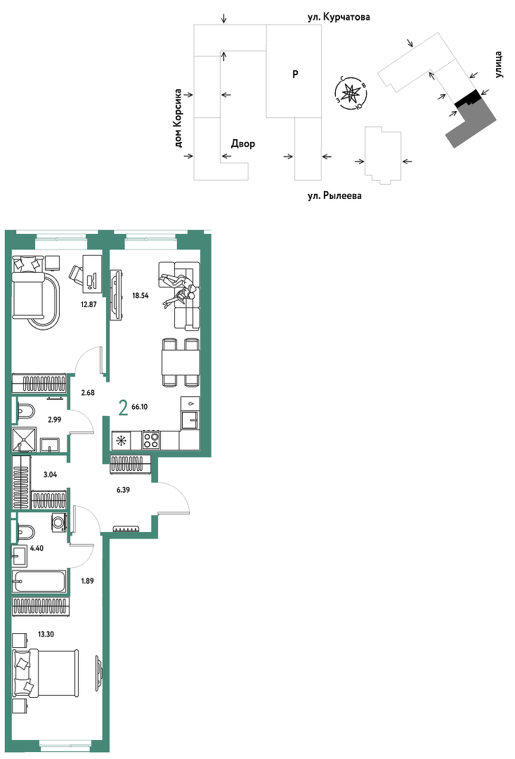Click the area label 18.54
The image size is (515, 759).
click(x=141, y=295)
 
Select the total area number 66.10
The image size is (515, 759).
click(x=139, y=407)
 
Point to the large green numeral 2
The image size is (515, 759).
click(x=124, y=408)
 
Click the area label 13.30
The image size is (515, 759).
click(x=46, y=634)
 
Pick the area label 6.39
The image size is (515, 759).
click(x=123, y=490)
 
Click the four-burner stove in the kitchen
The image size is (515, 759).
click(x=151, y=440)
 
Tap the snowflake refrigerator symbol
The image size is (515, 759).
click(x=121, y=441)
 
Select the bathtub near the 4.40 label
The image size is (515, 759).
click(x=39, y=581)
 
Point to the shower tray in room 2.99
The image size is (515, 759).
click(x=24, y=439)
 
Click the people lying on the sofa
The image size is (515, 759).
click(x=179, y=290)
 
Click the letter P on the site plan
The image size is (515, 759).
click(x=295, y=74)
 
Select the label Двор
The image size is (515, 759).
click(x=243, y=144)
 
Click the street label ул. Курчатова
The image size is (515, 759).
click(x=339, y=17)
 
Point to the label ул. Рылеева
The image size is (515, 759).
click(x=334, y=196)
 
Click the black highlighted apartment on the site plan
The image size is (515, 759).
click(x=468, y=99)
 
